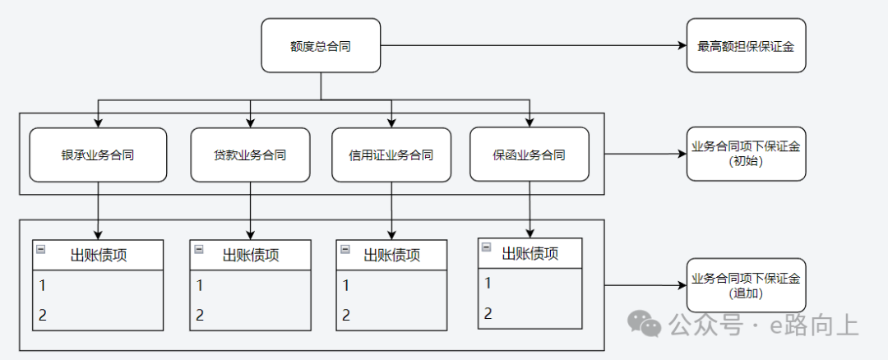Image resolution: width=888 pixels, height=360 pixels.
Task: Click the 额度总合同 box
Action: tap(321, 45)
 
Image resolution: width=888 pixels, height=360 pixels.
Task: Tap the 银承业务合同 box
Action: tap(98, 155)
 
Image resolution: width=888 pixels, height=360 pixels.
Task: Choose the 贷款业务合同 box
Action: tap(251, 155)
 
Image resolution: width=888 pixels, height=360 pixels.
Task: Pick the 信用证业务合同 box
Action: tap(391, 155)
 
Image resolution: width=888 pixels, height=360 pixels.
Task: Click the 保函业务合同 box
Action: tap(529, 155)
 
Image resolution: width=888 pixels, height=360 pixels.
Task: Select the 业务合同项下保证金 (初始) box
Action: tap(746, 154)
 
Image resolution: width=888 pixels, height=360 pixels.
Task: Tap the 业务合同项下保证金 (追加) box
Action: tap(746, 285)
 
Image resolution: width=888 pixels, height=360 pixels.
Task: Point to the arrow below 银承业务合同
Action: tap(99, 210)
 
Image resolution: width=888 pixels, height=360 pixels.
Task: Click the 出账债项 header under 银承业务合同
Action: tap(99, 255)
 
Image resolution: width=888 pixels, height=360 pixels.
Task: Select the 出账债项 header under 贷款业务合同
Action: tap(251, 255)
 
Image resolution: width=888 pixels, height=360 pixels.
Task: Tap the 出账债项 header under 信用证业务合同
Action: tap(391, 255)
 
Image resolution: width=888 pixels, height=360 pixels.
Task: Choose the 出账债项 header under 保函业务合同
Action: tap(530, 252)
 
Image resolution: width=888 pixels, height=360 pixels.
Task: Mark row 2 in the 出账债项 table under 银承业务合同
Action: tap(99, 315)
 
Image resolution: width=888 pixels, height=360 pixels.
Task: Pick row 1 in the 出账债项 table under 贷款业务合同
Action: tap(251, 286)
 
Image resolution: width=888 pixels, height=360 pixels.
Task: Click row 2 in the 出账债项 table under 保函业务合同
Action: tap(530, 312)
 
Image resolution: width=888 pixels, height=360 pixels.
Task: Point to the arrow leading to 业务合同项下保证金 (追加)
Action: tap(645, 285)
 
